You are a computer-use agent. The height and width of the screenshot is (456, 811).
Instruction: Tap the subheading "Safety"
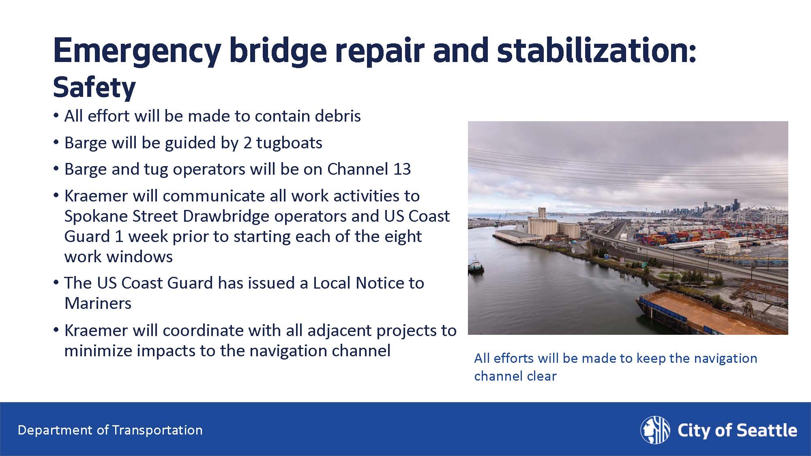click(94, 88)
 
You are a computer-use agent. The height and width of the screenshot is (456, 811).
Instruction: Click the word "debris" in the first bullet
click(337, 116)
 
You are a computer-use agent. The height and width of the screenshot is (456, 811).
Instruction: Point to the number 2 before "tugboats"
click(247, 143)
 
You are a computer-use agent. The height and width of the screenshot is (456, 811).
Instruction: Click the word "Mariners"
click(98, 303)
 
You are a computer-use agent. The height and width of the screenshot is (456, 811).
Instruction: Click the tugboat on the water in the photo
click(476, 265)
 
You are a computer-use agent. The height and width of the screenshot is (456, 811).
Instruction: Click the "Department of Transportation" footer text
click(110, 430)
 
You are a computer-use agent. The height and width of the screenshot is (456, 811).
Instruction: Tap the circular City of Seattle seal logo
click(655, 430)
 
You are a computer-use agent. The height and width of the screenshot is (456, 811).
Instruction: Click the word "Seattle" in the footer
click(766, 430)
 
